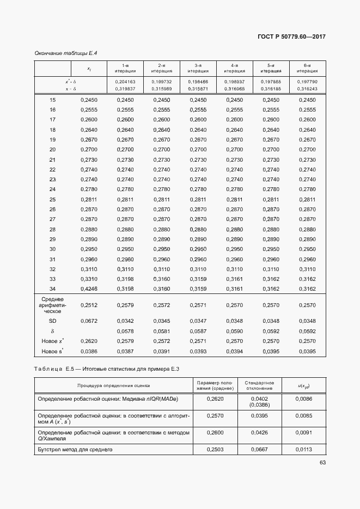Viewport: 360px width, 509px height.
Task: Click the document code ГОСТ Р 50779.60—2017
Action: click(x=294, y=37)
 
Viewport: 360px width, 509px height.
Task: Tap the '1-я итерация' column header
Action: click(x=125, y=68)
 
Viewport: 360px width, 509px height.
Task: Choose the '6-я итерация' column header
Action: click(x=308, y=68)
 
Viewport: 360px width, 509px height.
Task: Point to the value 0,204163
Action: click(x=125, y=81)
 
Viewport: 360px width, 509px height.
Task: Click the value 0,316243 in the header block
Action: click(x=308, y=88)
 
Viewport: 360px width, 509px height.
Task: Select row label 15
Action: click(x=53, y=100)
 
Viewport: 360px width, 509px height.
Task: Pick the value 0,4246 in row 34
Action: click(x=88, y=289)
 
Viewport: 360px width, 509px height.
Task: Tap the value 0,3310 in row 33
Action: click(x=88, y=279)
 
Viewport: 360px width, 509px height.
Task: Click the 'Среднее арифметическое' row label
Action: click(x=53, y=305)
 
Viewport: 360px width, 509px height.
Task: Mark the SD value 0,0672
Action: click(x=88, y=321)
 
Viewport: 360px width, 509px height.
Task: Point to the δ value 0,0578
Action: click(x=125, y=331)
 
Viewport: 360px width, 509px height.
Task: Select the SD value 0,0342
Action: click(x=125, y=321)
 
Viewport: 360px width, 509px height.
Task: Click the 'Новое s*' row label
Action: click(x=53, y=351)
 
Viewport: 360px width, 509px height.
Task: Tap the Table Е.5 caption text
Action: click(x=107, y=369)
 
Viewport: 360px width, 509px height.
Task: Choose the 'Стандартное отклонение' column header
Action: click(x=259, y=385)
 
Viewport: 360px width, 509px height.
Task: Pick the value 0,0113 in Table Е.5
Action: click(x=304, y=450)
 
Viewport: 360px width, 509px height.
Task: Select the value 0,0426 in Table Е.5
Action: click(x=259, y=433)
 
